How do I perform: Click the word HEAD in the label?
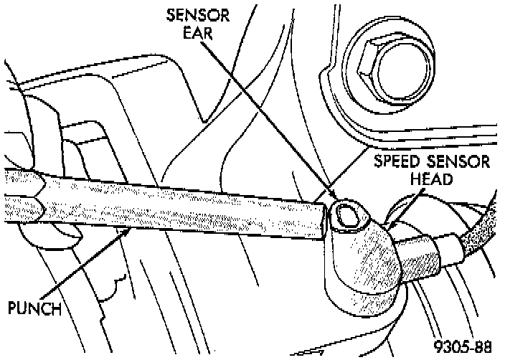coord(431,179)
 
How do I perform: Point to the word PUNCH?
coord(33,309)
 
